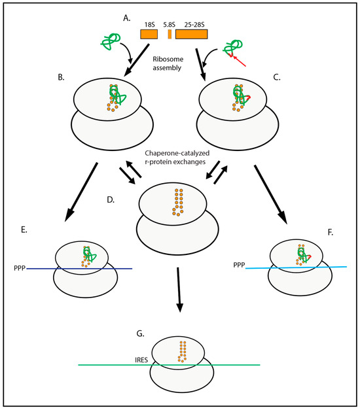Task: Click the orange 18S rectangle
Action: [x=149, y=33]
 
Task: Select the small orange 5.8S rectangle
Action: [x=170, y=33]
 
